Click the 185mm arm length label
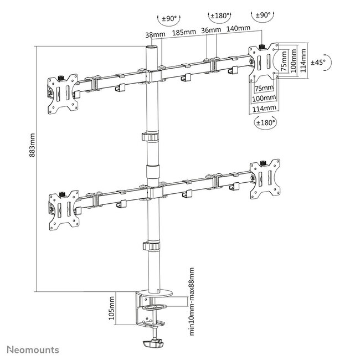click(182, 33)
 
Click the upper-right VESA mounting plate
click(262, 63)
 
